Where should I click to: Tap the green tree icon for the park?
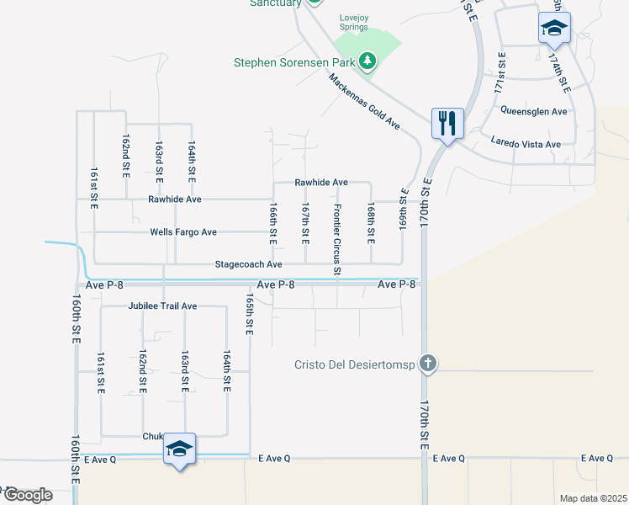[367, 61]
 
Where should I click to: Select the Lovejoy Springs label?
[354, 23]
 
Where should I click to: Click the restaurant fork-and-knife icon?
[446, 124]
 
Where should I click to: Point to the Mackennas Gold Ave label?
[364, 101]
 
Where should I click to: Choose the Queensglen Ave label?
[534, 111]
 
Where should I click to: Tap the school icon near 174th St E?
[555, 29]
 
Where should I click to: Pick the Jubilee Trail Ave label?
[163, 306]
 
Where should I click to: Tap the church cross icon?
[428, 364]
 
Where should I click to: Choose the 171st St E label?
[501, 72]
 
